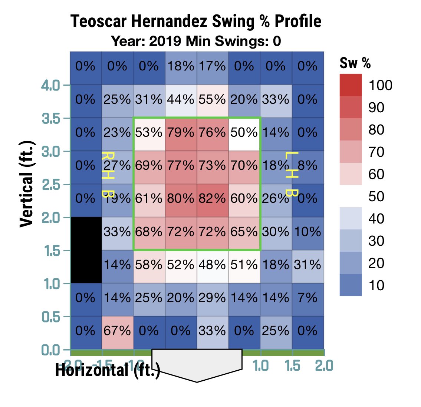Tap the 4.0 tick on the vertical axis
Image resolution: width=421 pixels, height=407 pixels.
click(x=50, y=86)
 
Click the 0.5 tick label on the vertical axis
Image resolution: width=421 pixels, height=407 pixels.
click(x=50, y=317)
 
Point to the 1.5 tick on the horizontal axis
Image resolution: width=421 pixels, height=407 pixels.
click(x=293, y=365)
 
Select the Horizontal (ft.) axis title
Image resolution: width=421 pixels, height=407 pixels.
click(x=108, y=370)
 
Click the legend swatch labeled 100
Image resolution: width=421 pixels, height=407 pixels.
click(x=351, y=85)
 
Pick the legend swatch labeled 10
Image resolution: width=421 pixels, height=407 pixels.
click(x=351, y=285)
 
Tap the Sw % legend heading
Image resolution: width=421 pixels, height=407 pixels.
click(x=355, y=63)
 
